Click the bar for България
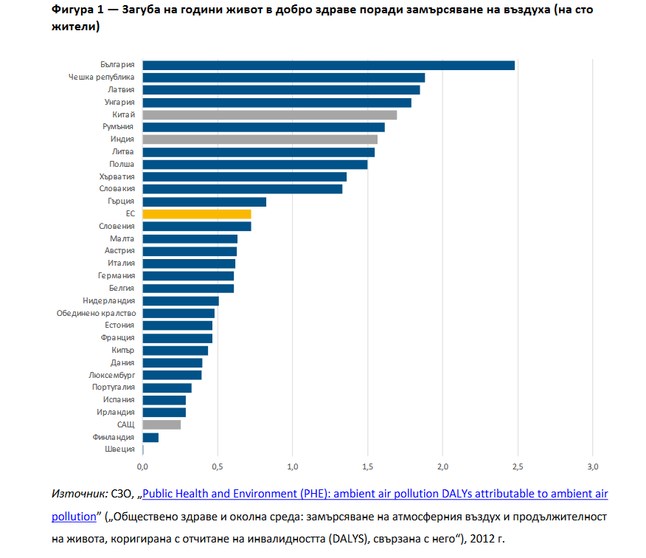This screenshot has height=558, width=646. (x=328, y=65)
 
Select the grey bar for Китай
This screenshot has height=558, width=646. (x=269, y=115)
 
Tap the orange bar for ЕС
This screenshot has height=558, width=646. (x=196, y=214)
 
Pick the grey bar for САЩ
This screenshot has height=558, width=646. (x=161, y=424)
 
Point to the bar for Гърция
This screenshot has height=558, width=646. (x=204, y=201)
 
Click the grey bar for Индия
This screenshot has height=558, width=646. (x=260, y=140)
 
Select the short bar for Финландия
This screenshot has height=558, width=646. (x=150, y=437)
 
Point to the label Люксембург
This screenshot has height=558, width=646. (x=110, y=375)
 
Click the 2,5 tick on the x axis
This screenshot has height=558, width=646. (x=517, y=467)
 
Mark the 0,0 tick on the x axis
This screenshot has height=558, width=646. (x=142, y=467)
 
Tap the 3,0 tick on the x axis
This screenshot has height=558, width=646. (x=592, y=467)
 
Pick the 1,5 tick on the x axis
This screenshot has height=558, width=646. (x=367, y=467)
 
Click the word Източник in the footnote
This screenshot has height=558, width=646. (x=77, y=494)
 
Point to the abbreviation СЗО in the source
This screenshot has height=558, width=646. (x=123, y=494)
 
